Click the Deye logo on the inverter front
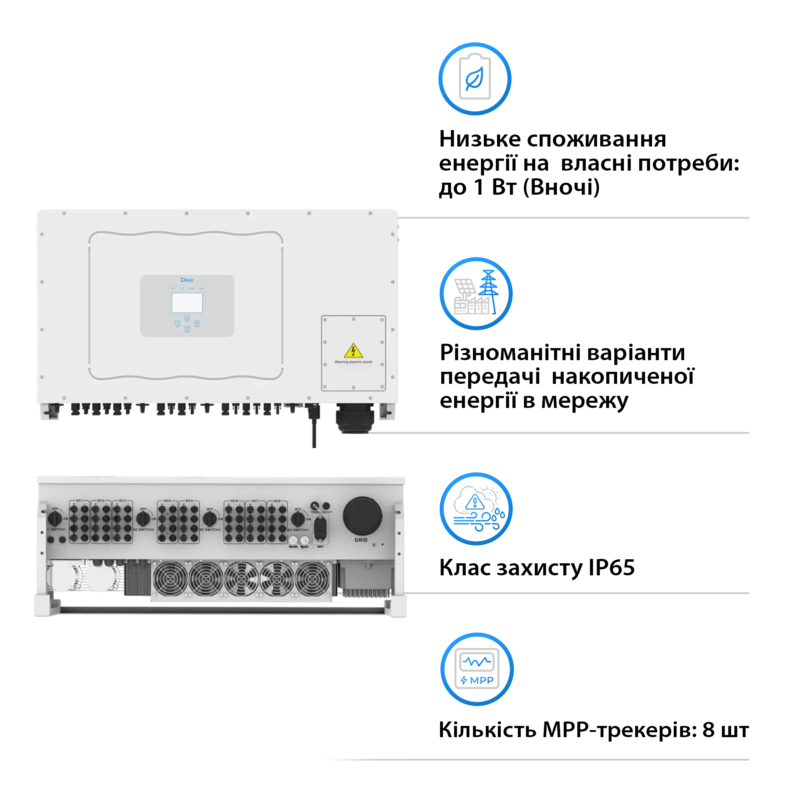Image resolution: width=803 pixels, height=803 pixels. pos(187,280)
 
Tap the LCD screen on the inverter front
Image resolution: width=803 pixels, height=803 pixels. pos(187,303)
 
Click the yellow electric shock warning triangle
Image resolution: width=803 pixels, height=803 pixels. pos(353,351)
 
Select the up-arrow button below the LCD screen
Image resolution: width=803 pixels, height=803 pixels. pos(187,318)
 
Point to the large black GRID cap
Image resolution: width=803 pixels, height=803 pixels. pos(362,516)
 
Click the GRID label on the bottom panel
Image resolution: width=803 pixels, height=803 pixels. pos(361,540)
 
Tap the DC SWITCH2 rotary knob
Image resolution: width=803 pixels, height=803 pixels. pos(143,518)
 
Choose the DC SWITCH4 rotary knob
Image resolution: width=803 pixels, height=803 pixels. pos(298,518)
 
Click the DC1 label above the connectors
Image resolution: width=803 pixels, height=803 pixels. pos(80,500)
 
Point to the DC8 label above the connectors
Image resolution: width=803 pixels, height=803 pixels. pos(277,501)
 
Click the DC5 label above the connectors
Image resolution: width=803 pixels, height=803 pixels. pos(189,501)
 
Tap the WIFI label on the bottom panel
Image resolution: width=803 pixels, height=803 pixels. pos(320,546)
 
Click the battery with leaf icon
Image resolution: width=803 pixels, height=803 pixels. pos(475,79)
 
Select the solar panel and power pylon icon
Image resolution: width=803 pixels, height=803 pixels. pos(476,293)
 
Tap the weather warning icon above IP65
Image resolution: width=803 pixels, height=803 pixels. pos(476,508)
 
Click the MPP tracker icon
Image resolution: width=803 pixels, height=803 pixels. pos(477,669)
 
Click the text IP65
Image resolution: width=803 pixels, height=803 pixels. pos(611,568)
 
